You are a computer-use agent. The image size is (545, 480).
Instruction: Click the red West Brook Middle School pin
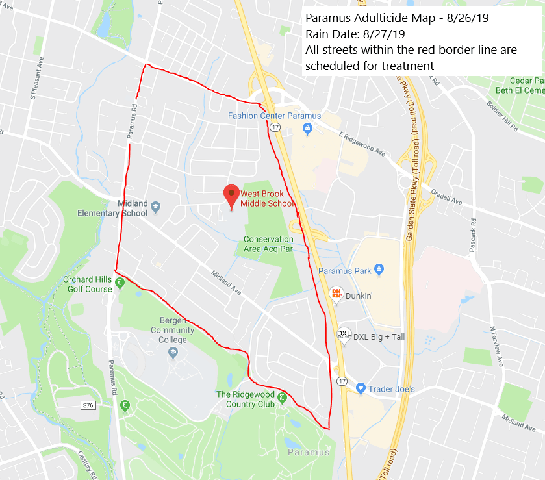pos(231,195)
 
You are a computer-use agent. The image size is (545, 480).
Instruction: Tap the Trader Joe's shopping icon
pos(361,388)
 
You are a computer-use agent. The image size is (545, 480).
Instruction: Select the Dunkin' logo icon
pos(336,293)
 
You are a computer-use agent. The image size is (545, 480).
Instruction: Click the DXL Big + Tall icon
pos(343,335)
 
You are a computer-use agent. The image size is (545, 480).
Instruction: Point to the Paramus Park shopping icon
pos(380,270)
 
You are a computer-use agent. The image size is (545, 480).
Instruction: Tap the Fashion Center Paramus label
pos(274,116)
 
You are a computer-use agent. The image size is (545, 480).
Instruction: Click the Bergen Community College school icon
pos(173,353)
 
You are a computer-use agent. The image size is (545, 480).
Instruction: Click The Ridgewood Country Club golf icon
pos(282,397)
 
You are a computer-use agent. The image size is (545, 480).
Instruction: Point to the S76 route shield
pos(88,405)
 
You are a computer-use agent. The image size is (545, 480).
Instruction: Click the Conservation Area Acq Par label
pos(268,244)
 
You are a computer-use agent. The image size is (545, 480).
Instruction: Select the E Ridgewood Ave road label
pos(361,142)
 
